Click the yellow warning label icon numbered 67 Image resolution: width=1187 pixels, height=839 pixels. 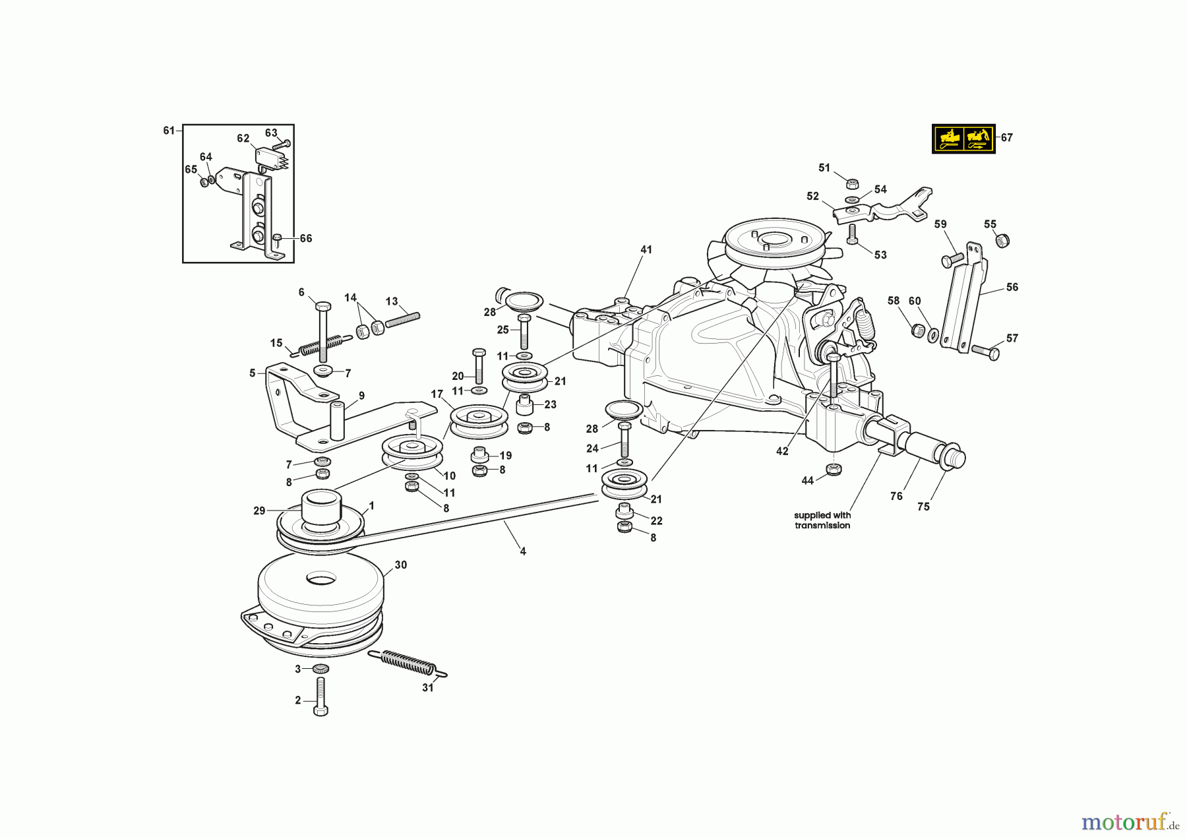pos(963,139)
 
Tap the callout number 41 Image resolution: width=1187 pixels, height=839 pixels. pos(646,249)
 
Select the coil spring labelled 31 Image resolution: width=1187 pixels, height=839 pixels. pos(408,662)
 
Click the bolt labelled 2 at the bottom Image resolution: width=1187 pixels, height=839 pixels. pos(320,698)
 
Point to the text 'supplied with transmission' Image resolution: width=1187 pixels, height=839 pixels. pos(822,520)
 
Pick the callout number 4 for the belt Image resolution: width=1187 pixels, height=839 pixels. pos(523,551)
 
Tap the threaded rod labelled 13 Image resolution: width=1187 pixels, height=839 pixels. pos(402,320)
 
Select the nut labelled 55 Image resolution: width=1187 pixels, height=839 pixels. pos(1002,241)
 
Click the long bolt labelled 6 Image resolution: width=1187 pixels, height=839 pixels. pos(323,333)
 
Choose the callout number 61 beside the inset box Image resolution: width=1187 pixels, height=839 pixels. pos(169,131)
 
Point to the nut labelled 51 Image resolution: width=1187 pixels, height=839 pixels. pos(851,183)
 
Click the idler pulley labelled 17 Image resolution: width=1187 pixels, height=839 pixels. pos(478,420)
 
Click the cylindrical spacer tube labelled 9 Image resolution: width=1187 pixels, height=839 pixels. pos(338,420)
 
